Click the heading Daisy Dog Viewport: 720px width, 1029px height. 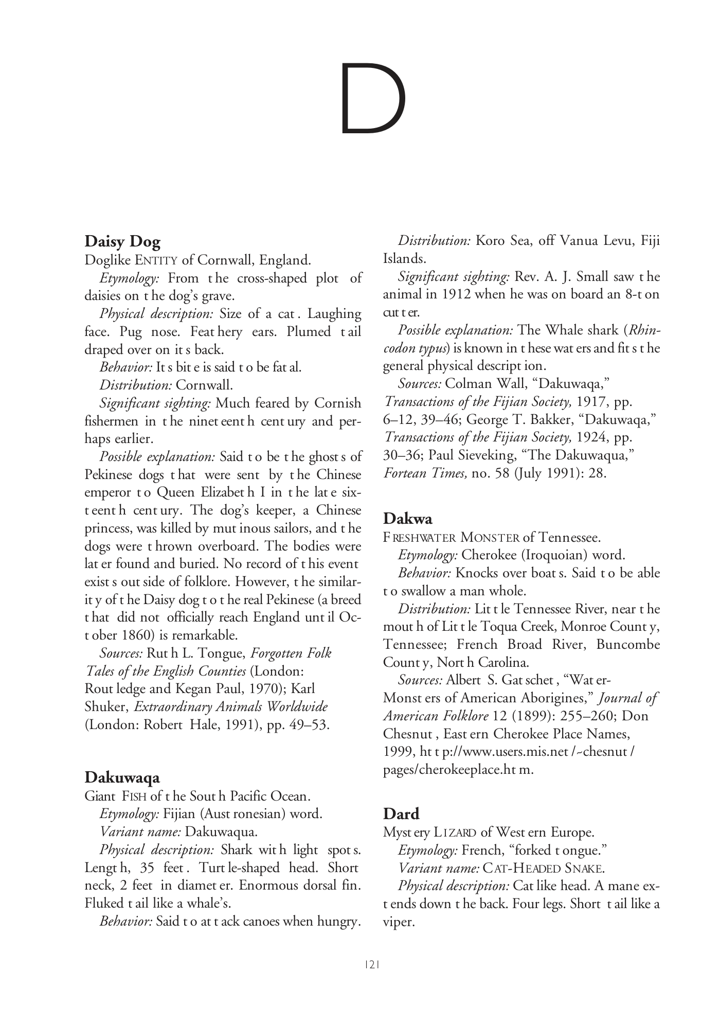click(x=122, y=241)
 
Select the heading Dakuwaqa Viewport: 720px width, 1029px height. click(x=122, y=777)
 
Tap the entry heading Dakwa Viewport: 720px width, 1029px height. click(x=407, y=519)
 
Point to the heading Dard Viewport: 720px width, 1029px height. click(x=401, y=813)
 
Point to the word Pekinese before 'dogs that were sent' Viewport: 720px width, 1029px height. click(x=109, y=474)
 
